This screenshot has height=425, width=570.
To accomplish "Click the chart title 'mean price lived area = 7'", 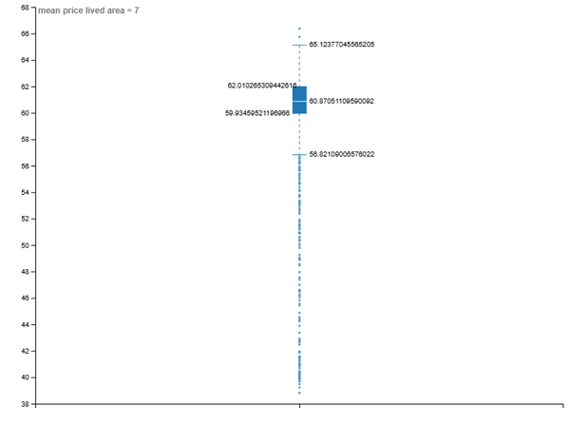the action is [88, 10].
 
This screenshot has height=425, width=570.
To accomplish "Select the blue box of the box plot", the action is [299, 100].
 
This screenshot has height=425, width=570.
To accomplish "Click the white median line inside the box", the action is [299, 101].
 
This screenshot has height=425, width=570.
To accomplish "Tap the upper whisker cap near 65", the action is [299, 45].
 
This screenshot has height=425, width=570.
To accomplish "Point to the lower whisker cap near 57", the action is [299, 155].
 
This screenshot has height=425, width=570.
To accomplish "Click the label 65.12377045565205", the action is [342, 45].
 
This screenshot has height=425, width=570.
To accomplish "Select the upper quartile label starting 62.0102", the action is [262, 86].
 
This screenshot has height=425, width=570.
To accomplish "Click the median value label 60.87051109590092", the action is [341, 101].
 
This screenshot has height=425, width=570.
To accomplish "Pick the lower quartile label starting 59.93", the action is [257, 113].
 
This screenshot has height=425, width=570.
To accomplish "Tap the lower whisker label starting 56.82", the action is [342, 154].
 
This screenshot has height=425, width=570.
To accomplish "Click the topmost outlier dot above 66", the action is [299, 29].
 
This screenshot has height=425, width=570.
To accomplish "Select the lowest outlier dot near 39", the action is [299, 393].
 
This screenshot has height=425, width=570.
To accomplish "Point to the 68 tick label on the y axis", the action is [25, 8].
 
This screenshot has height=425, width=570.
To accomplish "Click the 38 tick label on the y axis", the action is [25, 404].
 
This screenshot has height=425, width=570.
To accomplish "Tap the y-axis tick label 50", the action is [25, 245].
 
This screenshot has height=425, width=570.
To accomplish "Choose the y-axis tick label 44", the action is [25, 324].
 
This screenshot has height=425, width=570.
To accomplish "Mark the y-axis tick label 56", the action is [25, 166].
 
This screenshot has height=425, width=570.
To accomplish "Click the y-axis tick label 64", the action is [25, 60].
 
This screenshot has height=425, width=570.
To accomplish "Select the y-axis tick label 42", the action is [25, 351].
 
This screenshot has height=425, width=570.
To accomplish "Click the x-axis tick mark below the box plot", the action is [299, 406].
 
